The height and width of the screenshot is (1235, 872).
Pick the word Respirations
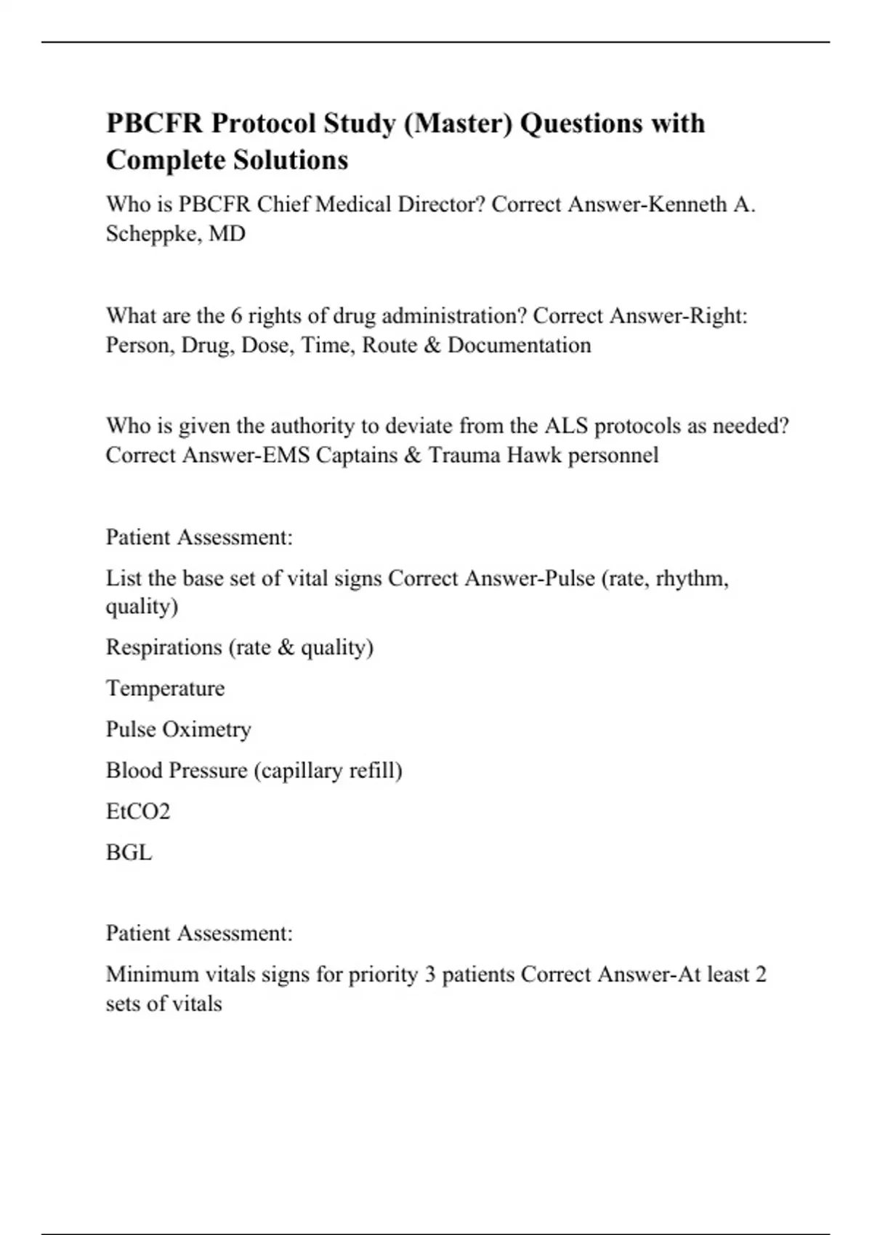pyautogui.click(x=163, y=647)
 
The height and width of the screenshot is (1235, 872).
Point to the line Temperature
pyautogui.click(x=165, y=688)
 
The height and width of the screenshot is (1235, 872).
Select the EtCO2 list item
pyautogui.click(x=138, y=811)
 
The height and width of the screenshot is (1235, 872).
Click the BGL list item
pyautogui.click(x=129, y=852)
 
